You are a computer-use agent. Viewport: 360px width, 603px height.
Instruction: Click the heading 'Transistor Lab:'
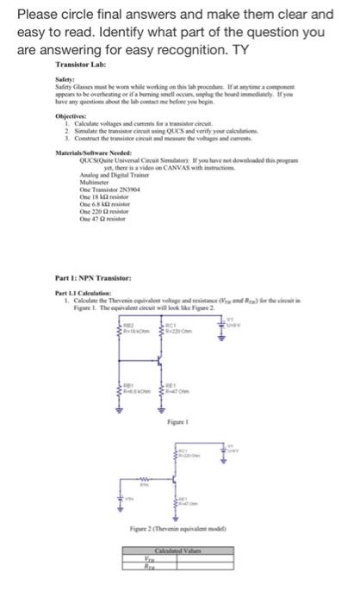point(80,65)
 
